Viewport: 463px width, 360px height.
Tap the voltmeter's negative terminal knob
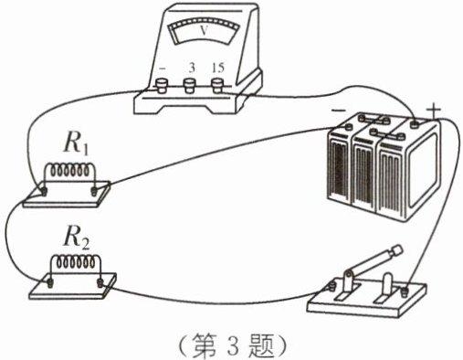tap(162, 85)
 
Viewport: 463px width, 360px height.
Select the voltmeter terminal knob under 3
tap(189, 85)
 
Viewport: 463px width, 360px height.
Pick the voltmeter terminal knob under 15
tap(217, 85)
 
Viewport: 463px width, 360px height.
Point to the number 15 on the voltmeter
tap(218, 68)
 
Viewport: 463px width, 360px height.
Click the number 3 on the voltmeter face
tap(192, 68)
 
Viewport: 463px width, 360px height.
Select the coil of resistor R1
tap(70, 171)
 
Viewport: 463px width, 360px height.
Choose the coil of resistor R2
tap(75, 262)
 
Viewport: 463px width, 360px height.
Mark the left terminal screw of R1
tap(45, 191)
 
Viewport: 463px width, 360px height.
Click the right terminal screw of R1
tap(94, 192)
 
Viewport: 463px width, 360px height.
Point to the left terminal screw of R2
tap(49, 283)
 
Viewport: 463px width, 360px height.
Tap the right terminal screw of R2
tap(100, 283)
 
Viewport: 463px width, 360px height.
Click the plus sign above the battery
tap(434, 111)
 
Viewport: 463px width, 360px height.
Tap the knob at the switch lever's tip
tap(396, 250)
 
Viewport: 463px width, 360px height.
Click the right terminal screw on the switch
tap(405, 291)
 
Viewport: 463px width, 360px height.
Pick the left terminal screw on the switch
tap(332, 286)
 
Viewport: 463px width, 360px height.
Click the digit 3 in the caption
tap(233, 346)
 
